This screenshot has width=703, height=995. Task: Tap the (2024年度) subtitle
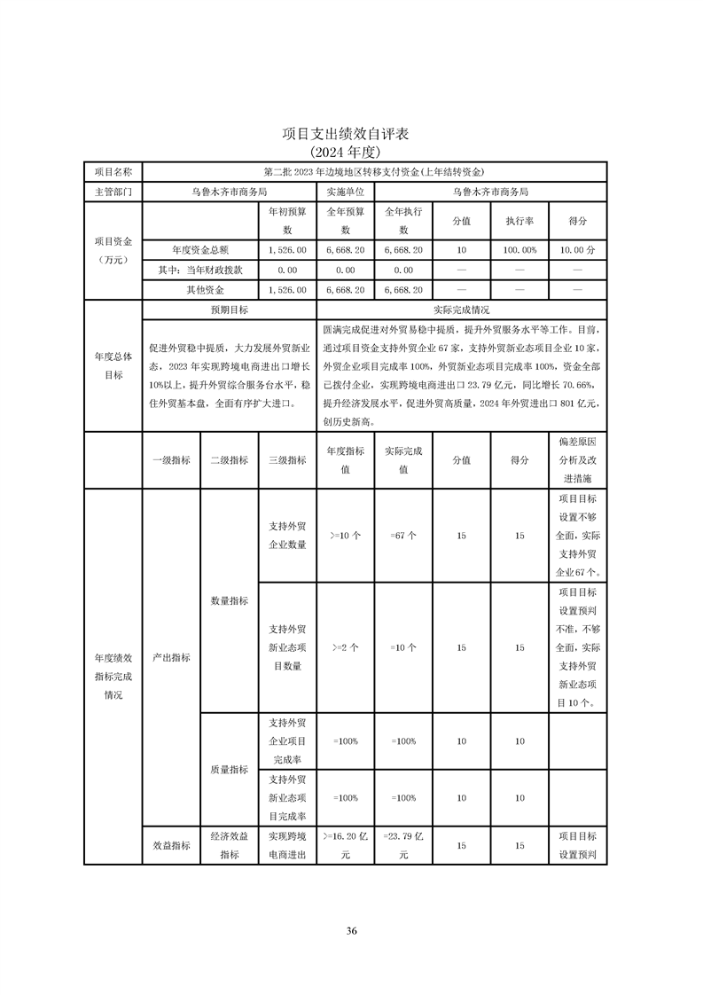351,152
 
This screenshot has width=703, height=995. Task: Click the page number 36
351,930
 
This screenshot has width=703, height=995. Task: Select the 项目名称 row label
113,171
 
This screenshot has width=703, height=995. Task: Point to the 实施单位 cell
345,191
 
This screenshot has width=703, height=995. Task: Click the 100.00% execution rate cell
519,251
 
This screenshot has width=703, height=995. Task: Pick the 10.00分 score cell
577,251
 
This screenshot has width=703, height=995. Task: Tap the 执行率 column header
519,221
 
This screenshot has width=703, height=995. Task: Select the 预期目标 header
229,310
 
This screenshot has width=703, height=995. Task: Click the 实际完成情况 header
461,310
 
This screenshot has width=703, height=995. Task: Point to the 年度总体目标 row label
113,365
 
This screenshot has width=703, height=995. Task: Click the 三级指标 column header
286,460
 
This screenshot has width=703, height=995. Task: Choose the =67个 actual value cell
403,535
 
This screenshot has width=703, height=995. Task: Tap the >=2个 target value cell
345,647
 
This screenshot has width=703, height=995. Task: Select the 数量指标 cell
229,600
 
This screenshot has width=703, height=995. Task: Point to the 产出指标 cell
171,657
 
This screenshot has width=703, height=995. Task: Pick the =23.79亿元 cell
403,845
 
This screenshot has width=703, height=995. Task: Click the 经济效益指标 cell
229,845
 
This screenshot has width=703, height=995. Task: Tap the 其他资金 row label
199,290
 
